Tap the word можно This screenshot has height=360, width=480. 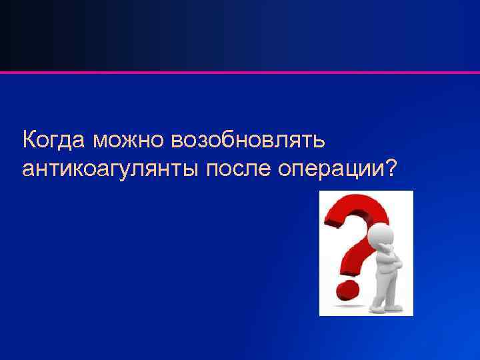tap(129, 141)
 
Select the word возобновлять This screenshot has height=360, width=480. tap(248, 141)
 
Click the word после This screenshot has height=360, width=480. tap(238, 169)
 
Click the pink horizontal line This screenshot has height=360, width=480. tap(240, 71)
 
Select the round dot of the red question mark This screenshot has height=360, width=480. tap(345, 290)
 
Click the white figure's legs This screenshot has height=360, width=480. tap(386, 290)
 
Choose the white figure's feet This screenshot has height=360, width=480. tap(387, 308)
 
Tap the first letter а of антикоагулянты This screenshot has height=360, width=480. tap(28, 171)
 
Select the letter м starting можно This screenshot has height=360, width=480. tap(101, 142)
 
